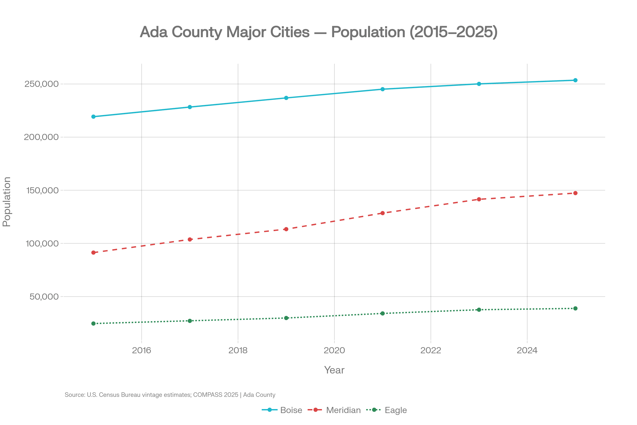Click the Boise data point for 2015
point(93,117)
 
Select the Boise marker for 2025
point(575,80)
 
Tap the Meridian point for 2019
point(286,229)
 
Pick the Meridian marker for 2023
point(479,199)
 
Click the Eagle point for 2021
point(382,313)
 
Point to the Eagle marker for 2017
point(190,321)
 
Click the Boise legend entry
point(291,410)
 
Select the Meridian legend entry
point(343,410)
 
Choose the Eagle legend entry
point(395,410)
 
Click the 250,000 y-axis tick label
point(41,84)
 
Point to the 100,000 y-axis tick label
point(42,243)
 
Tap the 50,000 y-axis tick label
point(44,296)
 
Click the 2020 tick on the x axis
point(334,350)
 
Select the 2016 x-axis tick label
point(141,350)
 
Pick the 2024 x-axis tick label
point(527,350)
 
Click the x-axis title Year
point(334,370)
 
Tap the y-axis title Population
point(6,202)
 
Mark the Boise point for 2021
point(382,89)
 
